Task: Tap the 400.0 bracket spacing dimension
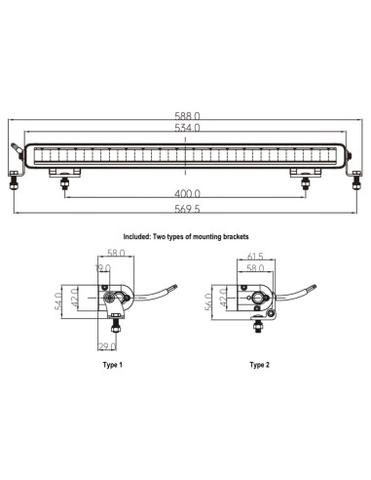pos(185,193)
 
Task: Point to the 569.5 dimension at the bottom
pos(185,208)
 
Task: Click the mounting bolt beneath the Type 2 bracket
pos(256,327)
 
